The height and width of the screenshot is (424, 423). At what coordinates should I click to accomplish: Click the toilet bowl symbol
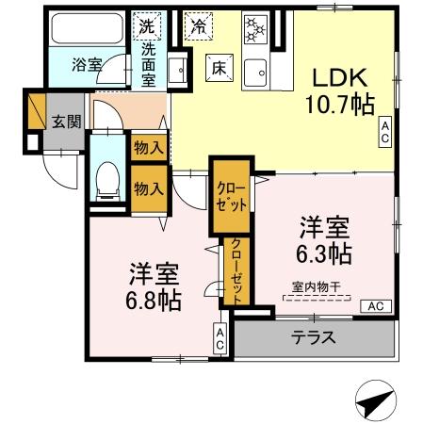pyautogui.click(x=109, y=177)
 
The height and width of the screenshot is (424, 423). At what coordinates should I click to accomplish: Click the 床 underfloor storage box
pyautogui.click(x=216, y=66)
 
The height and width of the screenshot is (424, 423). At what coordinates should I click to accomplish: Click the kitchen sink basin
pyautogui.click(x=256, y=71)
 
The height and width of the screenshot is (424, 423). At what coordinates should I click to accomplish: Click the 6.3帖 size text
pyautogui.click(x=326, y=253)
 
